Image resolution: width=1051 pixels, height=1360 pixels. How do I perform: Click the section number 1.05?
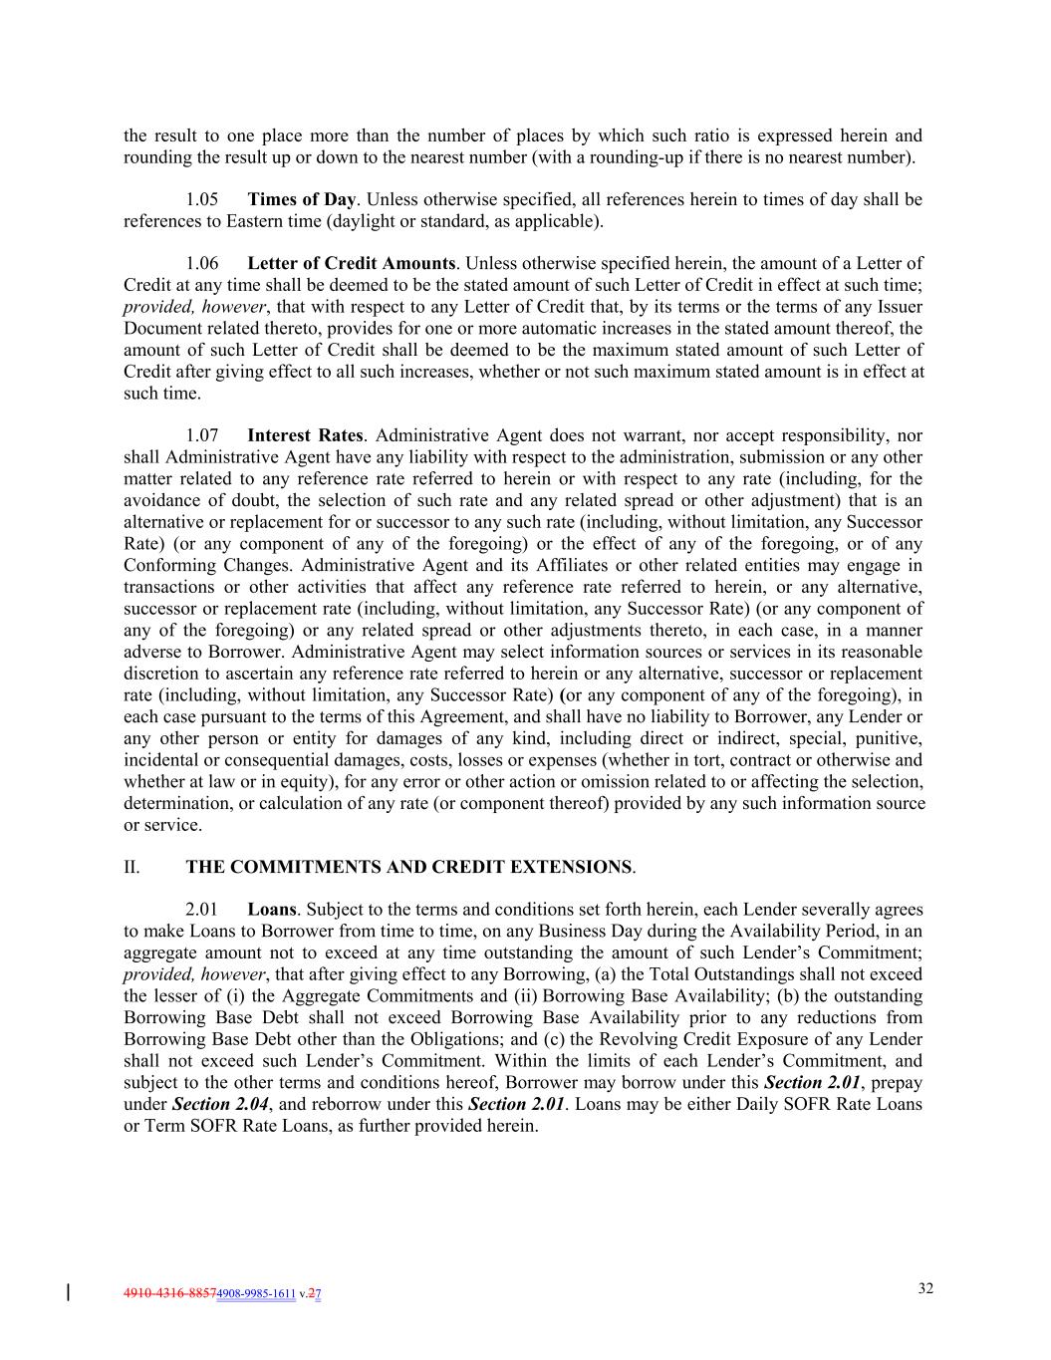(x=202, y=199)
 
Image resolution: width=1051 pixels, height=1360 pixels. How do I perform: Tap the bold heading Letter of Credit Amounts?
(x=351, y=264)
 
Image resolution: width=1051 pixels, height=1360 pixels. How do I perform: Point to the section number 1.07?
(x=202, y=435)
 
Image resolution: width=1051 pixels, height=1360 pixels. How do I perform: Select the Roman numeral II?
(x=131, y=867)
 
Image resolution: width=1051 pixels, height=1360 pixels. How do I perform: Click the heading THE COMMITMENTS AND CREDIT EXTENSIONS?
(x=408, y=867)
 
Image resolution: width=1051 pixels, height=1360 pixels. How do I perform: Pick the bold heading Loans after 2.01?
(x=271, y=910)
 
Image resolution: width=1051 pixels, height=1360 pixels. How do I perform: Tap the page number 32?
(x=925, y=1288)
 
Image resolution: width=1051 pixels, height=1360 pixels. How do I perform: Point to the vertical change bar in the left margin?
(x=68, y=1293)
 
